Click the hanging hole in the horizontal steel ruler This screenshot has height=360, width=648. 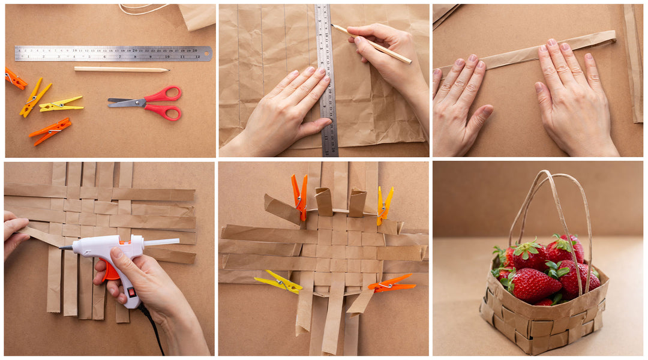pos(206,54)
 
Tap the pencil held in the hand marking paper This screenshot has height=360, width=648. pos(372,44)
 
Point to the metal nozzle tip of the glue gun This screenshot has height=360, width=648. pos(62,248)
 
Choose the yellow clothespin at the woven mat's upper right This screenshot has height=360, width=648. pos(385,205)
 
